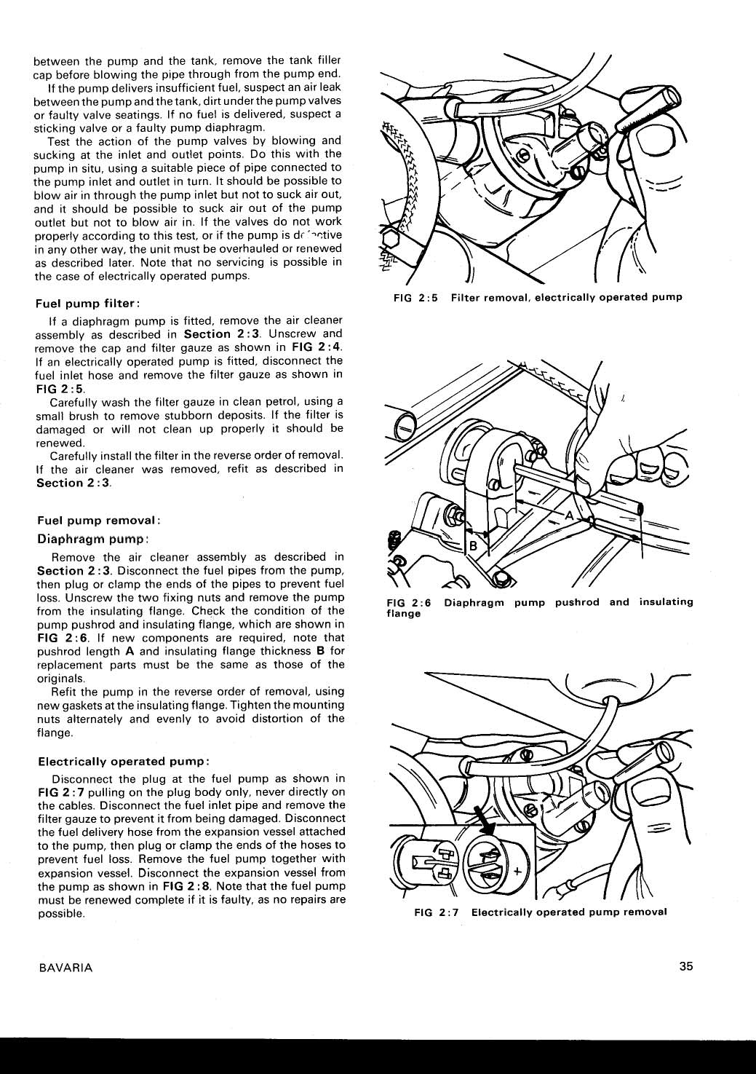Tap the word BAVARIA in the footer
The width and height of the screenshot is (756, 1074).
63,968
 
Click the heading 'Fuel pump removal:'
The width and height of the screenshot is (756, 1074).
98,521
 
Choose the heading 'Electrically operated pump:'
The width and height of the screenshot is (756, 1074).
124,761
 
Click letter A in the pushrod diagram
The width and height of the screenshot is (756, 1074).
570,516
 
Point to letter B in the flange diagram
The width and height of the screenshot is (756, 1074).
471,546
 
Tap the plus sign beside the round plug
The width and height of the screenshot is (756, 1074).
518,872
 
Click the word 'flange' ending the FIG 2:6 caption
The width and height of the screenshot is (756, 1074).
403,614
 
